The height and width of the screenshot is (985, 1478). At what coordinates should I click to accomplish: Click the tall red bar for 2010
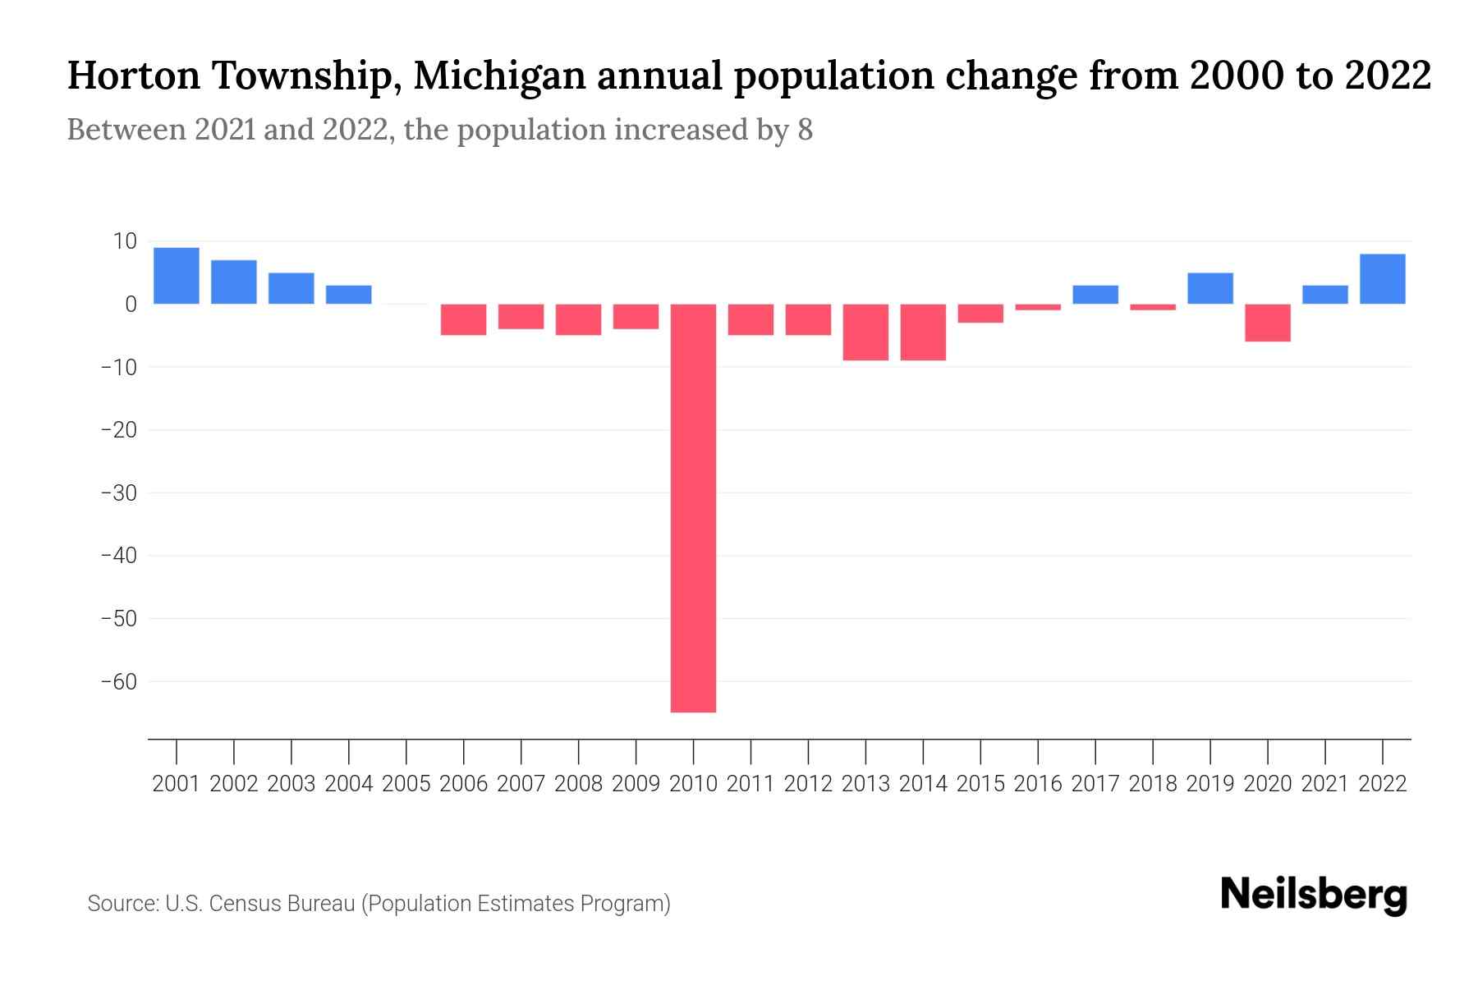point(694,507)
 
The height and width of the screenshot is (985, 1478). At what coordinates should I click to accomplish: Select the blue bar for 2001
point(177,276)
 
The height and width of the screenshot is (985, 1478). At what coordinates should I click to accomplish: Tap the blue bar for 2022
point(1383,279)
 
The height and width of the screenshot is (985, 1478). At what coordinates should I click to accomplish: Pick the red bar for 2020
point(1268,323)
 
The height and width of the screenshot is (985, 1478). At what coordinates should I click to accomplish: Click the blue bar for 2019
point(1210,288)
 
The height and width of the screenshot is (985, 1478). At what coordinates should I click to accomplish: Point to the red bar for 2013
point(865,332)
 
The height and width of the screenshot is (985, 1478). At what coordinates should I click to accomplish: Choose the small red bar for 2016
point(1038,307)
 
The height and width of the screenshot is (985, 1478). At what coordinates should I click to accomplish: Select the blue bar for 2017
point(1095,295)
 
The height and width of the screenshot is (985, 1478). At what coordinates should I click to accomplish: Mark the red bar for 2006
point(464,319)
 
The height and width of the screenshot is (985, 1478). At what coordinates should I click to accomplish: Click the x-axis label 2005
point(406,784)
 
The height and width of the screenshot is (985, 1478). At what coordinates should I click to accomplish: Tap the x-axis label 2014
point(923,784)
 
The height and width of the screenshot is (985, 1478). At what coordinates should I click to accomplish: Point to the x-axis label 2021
point(1325,784)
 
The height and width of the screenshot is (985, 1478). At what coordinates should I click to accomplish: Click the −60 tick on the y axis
point(119,681)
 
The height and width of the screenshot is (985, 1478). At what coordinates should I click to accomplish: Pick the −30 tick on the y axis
point(119,492)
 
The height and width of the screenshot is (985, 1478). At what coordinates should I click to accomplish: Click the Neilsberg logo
point(1314,895)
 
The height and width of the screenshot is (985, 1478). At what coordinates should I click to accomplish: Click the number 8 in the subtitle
point(805,130)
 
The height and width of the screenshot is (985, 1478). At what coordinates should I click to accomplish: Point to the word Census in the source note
point(242,904)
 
